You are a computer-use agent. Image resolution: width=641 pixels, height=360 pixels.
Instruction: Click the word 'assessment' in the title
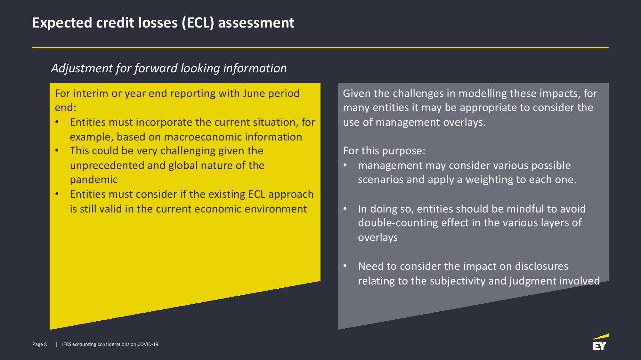coord(256,23)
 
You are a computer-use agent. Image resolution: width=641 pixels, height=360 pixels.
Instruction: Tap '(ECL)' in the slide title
coord(198,23)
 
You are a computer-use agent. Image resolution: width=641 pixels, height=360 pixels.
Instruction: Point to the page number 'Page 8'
coord(39,344)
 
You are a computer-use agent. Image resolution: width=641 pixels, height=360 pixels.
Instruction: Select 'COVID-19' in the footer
coord(148,344)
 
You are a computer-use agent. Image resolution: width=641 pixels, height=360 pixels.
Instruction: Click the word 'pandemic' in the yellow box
coord(94,180)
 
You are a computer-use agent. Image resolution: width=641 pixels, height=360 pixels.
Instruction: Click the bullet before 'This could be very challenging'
coord(57,150)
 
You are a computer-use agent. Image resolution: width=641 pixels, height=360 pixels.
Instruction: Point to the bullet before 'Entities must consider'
coord(57,194)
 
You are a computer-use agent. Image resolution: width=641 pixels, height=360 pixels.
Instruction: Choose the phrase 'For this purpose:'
coord(384,151)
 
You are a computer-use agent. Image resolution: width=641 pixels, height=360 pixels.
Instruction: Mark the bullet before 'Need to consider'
coord(345,266)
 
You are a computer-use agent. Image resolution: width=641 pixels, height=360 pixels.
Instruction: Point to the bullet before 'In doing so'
coord(345,209)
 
